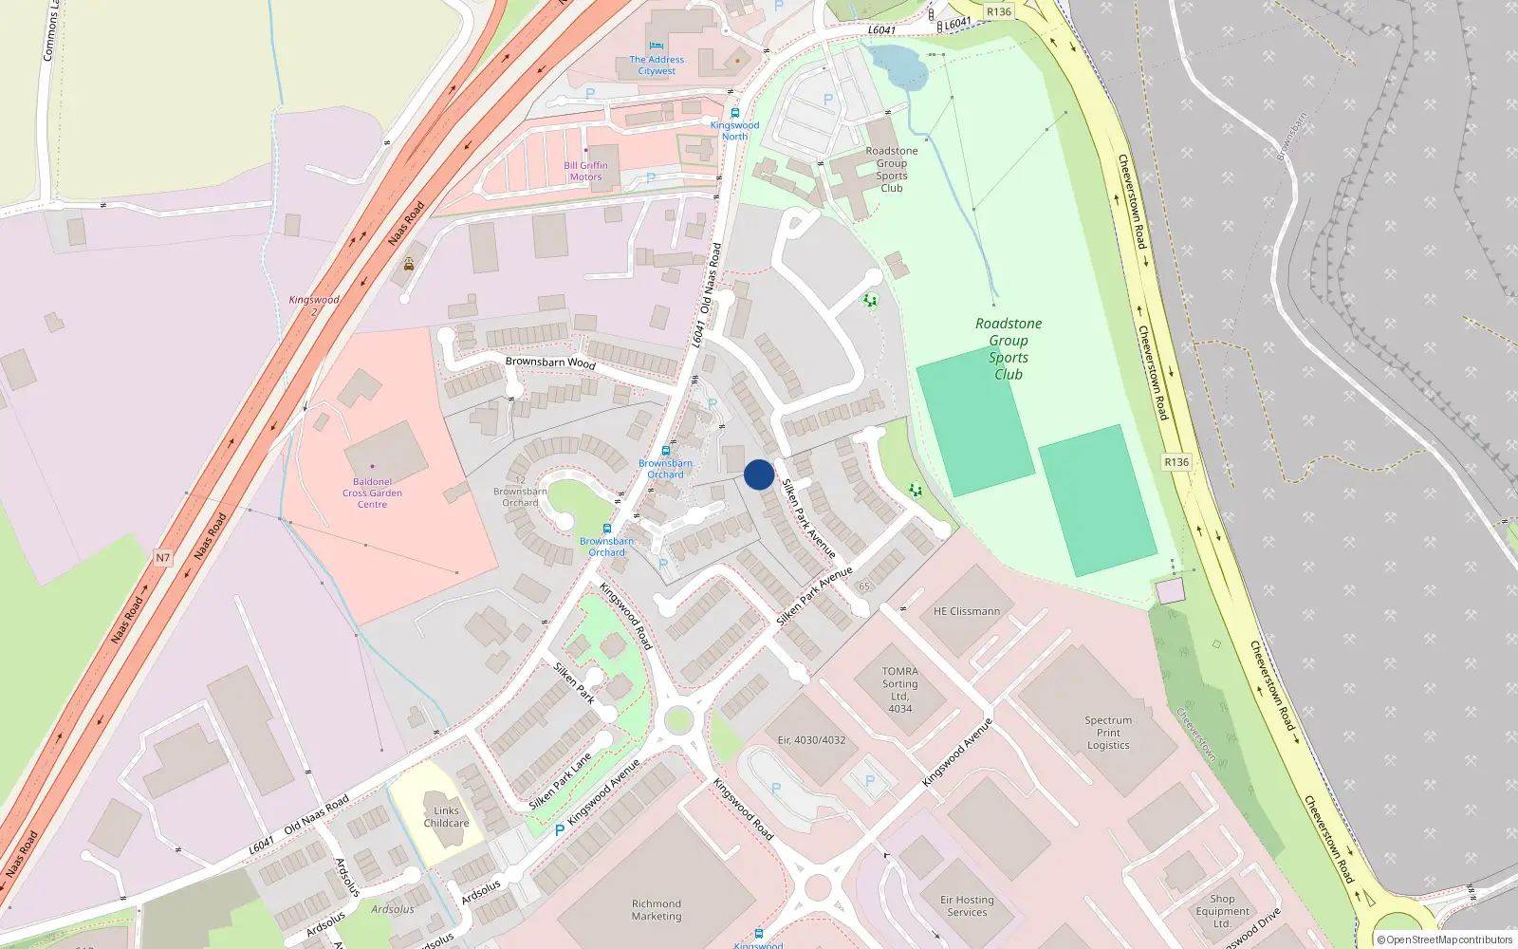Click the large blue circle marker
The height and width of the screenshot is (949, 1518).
[x=759, y=474]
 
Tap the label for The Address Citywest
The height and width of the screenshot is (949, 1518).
[x=657, y=65]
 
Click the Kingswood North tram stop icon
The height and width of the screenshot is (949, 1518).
[x=735, y=113]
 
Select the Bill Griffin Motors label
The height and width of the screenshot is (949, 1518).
[x=585, y=171]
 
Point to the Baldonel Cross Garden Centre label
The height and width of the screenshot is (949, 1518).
[x=372, y=493]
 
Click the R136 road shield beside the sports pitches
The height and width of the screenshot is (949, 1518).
[x=1176, y=462]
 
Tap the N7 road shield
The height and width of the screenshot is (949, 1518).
[x=163, y=558]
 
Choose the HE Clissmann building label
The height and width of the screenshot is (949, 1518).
[x=967, y=611]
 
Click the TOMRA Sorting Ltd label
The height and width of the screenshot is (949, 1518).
[x=899, y=690]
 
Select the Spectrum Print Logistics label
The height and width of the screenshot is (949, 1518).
[x=1108, y=733]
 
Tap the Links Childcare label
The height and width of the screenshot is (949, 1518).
[x=446, y=817]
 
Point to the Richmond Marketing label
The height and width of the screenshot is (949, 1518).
[x=657, y=910]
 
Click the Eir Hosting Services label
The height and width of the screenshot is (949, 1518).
[x=967, y=906]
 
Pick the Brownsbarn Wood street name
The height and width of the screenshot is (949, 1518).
[x=550, y=362]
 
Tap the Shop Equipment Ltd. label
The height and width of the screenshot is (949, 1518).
[x=1222, y=911]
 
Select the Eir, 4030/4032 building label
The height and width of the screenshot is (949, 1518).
[x=811, y=740]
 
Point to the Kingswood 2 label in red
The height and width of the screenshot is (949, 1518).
[x=314, y=305]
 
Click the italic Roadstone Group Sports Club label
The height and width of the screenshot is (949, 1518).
[x=1009, y=348]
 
